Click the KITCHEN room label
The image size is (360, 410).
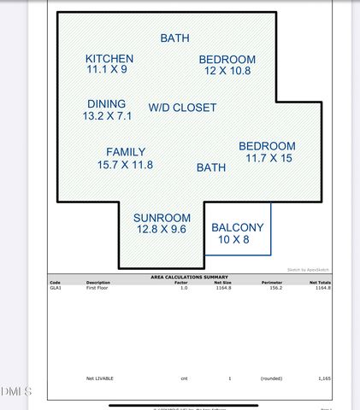click(109, 58)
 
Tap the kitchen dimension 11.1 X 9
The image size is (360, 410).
click(107, 70)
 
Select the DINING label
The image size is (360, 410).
click(106, 103)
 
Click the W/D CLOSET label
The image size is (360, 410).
click(182, 108)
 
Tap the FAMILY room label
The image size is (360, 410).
click(126, 152)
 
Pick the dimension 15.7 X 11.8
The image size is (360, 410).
click(126, 164)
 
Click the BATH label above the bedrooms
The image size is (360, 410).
click(174, 38)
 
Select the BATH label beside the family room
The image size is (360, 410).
click(211, 167)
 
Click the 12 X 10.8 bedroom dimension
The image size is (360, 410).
click(227, 71)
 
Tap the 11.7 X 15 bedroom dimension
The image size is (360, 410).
click(269, 158)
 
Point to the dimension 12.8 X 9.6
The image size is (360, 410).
click(160, 229)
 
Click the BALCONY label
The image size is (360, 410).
click(238, 227)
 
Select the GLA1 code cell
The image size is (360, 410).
click(56, 289)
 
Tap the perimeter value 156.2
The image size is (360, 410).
click(271, 289)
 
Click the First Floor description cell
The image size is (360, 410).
click(98, 289)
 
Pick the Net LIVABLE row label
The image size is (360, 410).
click(100, 378)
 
